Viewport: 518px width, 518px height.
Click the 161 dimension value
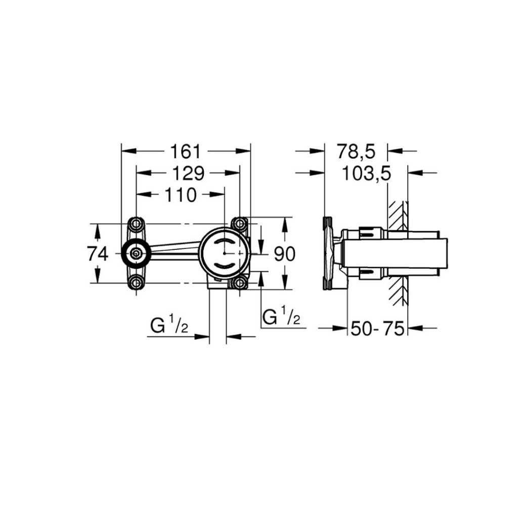tap(185, 152)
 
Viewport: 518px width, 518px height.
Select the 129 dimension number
tap(189, 173)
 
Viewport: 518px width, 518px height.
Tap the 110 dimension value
tap(181, 195)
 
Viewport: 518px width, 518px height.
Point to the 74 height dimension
tap(98, 254)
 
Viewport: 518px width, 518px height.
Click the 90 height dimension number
tap(285, 254)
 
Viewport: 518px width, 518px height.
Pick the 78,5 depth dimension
tap(357, 152)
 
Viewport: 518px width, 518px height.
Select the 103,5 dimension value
tap(366, 174)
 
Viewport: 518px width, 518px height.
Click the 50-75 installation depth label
tap(377, 328)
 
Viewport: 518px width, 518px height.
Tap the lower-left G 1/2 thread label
tap(169, 324)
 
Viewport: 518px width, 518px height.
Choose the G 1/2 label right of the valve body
tap(281, 316)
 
